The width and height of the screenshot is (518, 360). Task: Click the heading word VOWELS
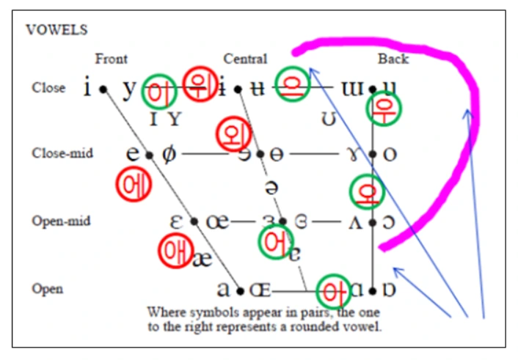coord(56,30)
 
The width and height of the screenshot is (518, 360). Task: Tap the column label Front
coord(111,59)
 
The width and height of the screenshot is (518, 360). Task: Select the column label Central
coord(245,59)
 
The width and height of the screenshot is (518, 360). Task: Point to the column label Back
coord(393,59)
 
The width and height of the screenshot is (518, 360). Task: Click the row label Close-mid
coord(62,153)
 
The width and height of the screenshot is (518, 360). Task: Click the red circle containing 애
coord(175,250)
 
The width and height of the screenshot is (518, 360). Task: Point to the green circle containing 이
coord(159,91)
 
